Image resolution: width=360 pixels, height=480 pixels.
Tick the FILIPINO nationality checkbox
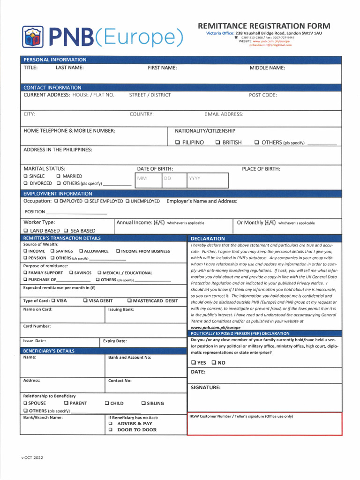click(x=178, y=142)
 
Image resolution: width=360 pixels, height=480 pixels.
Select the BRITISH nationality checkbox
click(x=218, y=142)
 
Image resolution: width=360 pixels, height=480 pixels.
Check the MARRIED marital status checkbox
click(x=58, y=176)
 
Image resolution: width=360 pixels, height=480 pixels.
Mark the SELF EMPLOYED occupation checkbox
click(x=86, y=201)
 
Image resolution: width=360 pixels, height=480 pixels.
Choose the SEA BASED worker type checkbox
click(x=66, y=231)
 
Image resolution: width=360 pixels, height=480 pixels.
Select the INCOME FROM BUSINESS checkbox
click(x=118, y=251)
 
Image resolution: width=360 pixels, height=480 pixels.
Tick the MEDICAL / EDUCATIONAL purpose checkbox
click(x=99, y=273)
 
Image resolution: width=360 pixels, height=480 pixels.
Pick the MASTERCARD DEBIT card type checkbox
click(x=129, y=301)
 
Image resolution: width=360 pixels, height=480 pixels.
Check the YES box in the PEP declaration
click(x=193, y=363)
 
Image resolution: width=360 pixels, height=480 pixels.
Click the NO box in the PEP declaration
click(x=214, y=363)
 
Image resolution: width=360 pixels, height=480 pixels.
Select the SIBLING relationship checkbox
click(x=143, y=403)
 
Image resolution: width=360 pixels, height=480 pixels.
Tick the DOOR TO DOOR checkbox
click(x=111, y=430)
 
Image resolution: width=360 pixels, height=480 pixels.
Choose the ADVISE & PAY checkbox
click(x=111, y=423)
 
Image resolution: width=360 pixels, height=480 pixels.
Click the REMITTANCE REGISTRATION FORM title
click(x=263, y=26)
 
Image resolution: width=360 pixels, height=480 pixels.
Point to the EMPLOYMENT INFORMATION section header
click(x=58, y=194)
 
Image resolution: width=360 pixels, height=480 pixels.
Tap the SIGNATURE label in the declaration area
click(x=205, y=387)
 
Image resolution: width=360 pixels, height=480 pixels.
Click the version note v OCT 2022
click(x=32, y=457)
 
